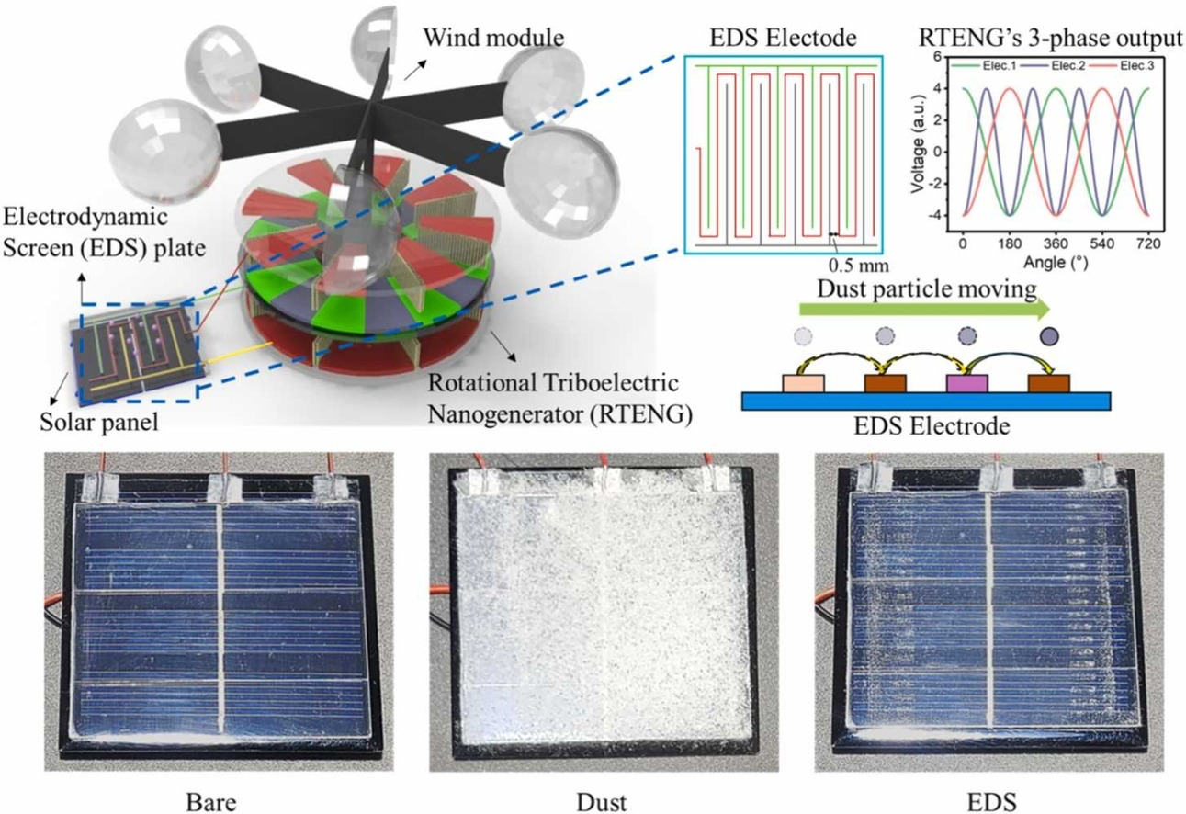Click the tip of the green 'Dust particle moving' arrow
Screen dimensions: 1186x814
tap(1050, 310)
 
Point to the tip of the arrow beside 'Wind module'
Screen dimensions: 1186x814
tap(424, 60)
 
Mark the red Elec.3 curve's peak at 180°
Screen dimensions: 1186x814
tap(1011, 88)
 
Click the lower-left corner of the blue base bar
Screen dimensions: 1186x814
tap(742, 410)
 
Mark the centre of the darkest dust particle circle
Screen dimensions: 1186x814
tap(1049, 335)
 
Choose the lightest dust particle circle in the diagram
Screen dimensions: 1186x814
tap(803, 335)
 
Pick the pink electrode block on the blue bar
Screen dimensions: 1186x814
tap(966, 383)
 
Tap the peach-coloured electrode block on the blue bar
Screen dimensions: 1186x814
tap(803, 383)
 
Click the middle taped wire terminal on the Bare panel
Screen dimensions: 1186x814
tap(224, 487)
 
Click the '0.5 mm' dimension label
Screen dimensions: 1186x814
tap(859, 265)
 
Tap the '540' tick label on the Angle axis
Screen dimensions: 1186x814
tap(1102, 243)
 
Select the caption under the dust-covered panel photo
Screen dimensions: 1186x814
tap(602, 802)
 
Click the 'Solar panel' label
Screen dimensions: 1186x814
tap(99, 422)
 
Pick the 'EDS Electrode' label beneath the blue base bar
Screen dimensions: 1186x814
tap(932, 425)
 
